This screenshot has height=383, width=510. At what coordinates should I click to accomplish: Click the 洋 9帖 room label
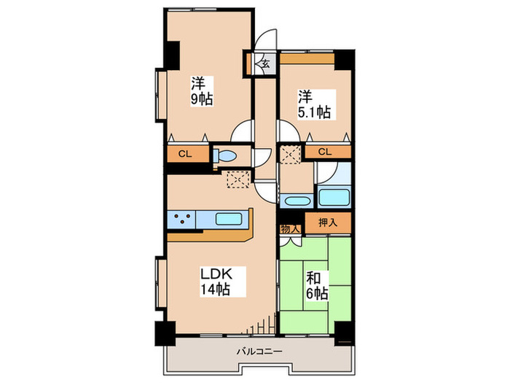click(x=202, y=90)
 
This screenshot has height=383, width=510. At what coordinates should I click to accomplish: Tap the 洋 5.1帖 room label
click(x=313, y=104)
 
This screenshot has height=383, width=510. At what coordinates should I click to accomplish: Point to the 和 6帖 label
click(x=315, y=285)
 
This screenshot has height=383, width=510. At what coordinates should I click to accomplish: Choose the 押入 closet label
click(x=326, y=222)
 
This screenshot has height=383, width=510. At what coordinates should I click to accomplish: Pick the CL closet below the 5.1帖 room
click(x=325, y=152)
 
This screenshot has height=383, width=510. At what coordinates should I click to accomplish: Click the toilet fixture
click(x=225, y=155)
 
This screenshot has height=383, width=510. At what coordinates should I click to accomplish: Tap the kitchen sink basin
click(x=230, y=217)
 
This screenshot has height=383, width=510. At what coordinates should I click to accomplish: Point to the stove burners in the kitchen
click(x=181, y=217)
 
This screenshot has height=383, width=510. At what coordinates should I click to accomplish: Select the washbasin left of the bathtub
click(x=296, y=201)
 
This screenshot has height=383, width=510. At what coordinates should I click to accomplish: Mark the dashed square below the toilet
click(x=238, y=179)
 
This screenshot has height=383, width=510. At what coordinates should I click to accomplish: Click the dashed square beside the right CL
click(x=291, y=155)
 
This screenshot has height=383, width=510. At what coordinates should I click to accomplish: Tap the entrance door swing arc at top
click(x=267, y=38)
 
